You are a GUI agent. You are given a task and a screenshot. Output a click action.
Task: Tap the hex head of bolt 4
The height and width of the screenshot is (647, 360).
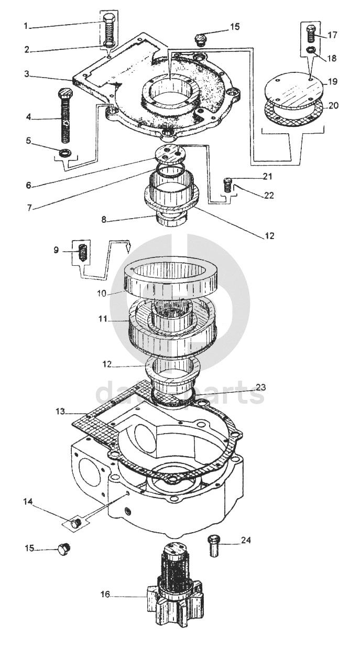[x=64, y=93]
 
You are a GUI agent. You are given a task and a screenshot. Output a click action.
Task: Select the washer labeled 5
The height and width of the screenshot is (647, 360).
[x=65, y=153]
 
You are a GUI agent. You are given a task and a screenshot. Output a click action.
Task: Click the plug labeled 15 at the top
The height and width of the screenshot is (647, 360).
[x=200, y=39]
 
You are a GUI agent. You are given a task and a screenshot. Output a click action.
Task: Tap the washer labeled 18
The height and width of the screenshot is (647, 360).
[x=311, y=50]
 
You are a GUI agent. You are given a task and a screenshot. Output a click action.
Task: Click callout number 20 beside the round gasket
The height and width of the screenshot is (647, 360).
[x=333, y=105]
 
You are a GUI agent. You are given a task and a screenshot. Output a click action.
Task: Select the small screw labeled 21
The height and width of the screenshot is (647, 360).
[x=228, y=186]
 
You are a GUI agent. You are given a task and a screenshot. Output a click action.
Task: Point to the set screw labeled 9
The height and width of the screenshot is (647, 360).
[x=83, y=251]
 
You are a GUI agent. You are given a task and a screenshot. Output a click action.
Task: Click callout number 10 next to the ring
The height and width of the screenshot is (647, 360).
[x=102, y=294]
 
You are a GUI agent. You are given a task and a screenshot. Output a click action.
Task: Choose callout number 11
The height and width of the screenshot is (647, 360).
[x=103, y=319]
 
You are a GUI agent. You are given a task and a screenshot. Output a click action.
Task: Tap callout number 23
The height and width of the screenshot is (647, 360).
[x=260, y=387]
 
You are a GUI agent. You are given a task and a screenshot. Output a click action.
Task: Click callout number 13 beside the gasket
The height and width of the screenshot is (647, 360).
[x=60, y=411]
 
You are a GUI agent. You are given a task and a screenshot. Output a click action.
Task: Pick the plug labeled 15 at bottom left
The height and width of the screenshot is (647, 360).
[x=64, y=549]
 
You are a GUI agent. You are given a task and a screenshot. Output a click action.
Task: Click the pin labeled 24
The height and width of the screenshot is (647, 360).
[x=214, y=546]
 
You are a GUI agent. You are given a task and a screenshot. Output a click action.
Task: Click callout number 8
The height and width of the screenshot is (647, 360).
[x=104, y=220]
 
